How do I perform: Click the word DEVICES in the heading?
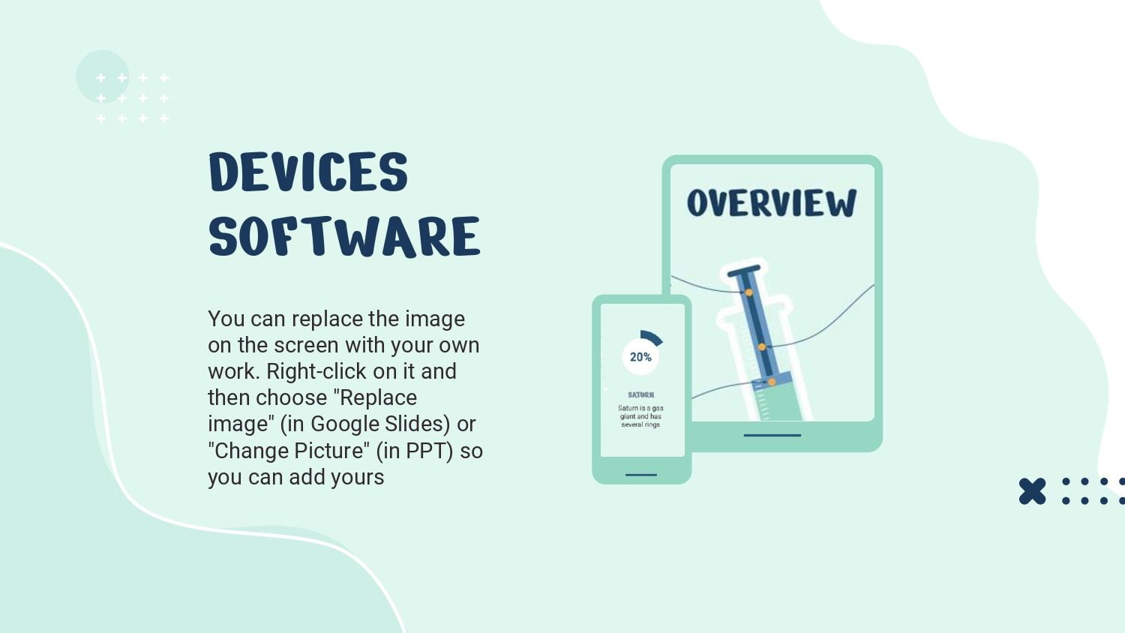pyautogui.click(x=308, y=172)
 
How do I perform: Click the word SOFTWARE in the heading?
pyautogui.click(x=344, y=236)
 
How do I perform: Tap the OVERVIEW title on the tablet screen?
pyautogui.click(x=772, y=203)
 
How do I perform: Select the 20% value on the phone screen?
pyautogui.click(x=640, y=357)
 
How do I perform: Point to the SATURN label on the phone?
pyautogui.click(x=640, y=394)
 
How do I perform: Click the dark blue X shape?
pyautogui.click(x=1032, y=491)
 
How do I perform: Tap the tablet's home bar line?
pyautogui.click(x=772, y=435)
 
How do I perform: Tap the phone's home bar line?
pyautogui.click(x=640, y=475)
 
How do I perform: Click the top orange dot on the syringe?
pyautogui.click(x=748, y=292)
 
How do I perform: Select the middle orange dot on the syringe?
pyautogui.click(x=762, y=347)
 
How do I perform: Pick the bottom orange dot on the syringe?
pyautogui.click(x=772, y=382)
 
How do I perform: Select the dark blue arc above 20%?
pyautogui.click(x=652, y=337)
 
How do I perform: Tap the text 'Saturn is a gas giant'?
pyautogui.click(x=640, y=412)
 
